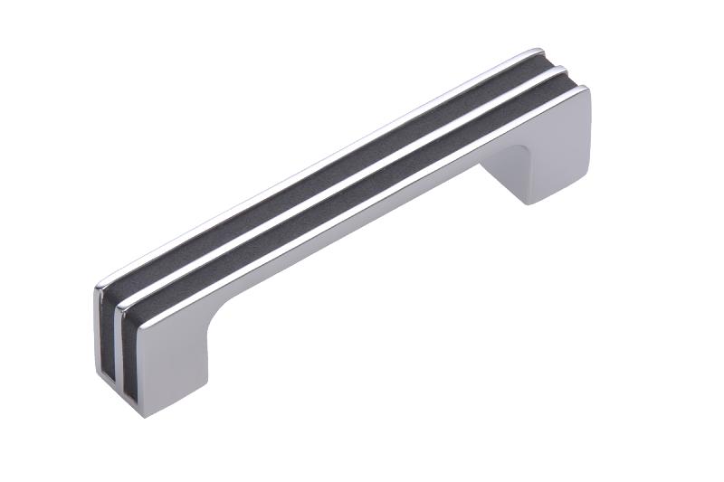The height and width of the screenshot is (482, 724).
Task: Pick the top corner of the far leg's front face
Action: (586, 91)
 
